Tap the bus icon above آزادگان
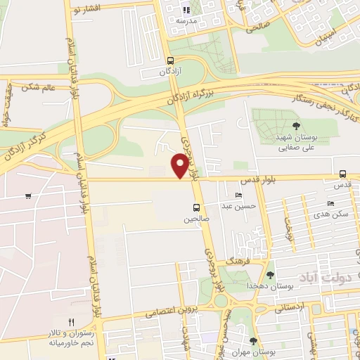(170, 60)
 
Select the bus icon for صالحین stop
(196, 207)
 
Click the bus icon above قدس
(342, 174)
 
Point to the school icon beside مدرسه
(186, 10)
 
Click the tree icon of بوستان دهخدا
(271, 275)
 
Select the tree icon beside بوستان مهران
(253, 342)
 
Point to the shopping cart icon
(27, 195)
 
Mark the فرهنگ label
(233, 261)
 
